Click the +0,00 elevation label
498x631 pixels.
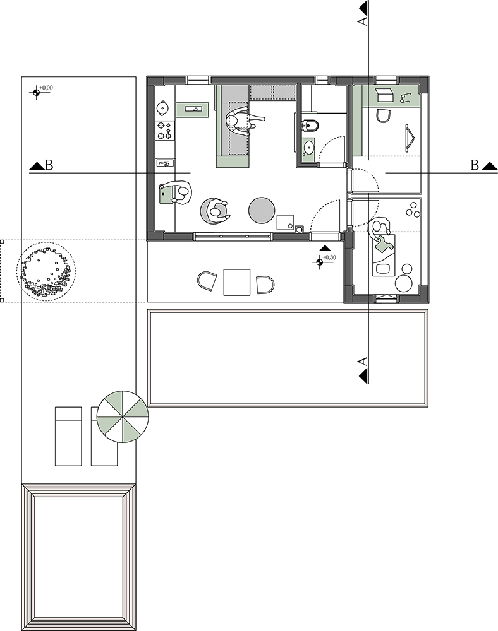pos(46,88)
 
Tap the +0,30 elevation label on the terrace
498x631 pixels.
pos(329,257)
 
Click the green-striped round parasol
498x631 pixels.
pos(123,416)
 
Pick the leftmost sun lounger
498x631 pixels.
pos(68,437)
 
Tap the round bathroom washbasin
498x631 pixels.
pos(309,147)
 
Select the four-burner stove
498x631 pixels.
pos(165,131)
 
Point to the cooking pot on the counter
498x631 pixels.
pos(163,107)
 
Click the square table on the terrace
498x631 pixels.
pos(237,282)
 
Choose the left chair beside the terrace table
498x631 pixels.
pos(207,281)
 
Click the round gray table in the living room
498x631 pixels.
pos(262,210)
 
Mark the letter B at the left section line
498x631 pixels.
pos(49,165)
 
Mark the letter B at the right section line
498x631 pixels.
pos(475,165)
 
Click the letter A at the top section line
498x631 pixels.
pos(363,21)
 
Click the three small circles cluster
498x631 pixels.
pos(412,211)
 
